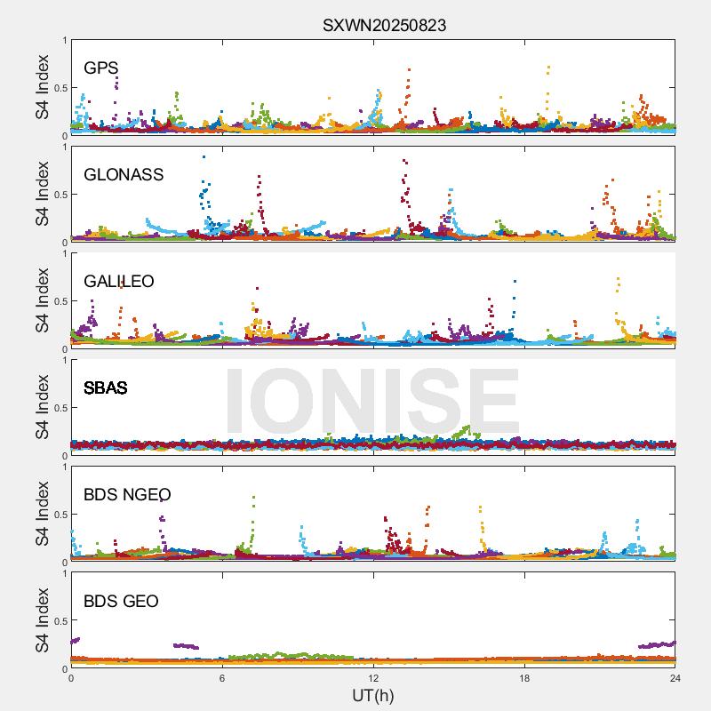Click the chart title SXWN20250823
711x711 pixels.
[x=384, y=25]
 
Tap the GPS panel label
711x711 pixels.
[x=100, y=68]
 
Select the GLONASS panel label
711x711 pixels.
[x=124, y=174]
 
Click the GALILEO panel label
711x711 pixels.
[x=118, y=281]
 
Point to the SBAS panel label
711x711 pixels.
[x=105, y=387]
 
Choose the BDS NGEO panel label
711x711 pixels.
[x=127, y=494]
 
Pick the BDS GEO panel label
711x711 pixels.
[x=121, y=601]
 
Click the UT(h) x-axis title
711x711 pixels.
[x=372, y=694]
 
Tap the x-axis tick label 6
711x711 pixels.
[x=222, y=678]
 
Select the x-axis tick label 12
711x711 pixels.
[x=373, y=678]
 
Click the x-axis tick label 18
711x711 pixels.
[x=524, y=678]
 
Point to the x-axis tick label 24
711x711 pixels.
[x=675, y=678]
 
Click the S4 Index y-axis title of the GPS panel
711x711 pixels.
[x=43, y=87]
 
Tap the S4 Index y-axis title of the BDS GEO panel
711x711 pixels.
[x=43, y=620]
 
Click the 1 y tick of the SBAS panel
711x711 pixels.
[x=63, y=360]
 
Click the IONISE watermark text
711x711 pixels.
[x=372, y=400]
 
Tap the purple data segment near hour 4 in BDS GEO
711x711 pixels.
[x=186, y=646]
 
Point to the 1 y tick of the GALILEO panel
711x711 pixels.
[x=63, y=253]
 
